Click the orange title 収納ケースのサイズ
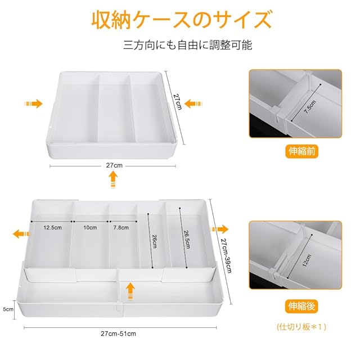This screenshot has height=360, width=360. coord(181,20)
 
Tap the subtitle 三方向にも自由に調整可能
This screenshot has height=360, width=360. coord(187,44)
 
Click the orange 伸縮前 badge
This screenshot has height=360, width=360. coord(301,151)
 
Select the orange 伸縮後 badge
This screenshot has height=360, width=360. coord(301,306)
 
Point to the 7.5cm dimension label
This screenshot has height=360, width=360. coord(310,106)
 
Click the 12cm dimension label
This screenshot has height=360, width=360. coord(307,260)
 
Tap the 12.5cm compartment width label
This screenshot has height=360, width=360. coord(52,227)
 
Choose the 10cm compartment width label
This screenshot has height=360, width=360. coord(90,227)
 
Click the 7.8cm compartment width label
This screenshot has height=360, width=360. coord(121,227)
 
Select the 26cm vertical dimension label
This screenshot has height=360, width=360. coord(154,241)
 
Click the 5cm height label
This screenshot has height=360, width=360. coord(8,309)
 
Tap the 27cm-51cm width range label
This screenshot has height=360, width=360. coord(118,334)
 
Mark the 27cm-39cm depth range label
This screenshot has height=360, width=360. coord(226,255)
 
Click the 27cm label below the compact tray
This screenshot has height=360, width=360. coord(114,165)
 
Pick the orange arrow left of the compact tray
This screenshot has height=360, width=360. coord(33,103)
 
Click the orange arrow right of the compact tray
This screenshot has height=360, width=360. coord(193,103)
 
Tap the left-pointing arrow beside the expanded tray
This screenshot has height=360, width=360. coord(21,234)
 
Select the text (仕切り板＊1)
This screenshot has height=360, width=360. coord(301,326)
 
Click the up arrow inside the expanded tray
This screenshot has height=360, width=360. coord(130,291)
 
